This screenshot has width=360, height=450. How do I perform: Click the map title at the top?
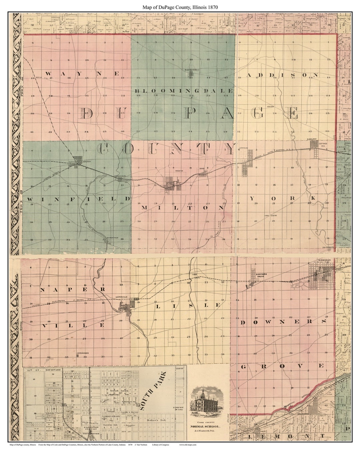coord(180,7)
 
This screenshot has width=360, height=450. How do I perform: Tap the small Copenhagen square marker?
coord(78,356)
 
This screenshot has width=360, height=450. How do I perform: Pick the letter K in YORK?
coord(313,199)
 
